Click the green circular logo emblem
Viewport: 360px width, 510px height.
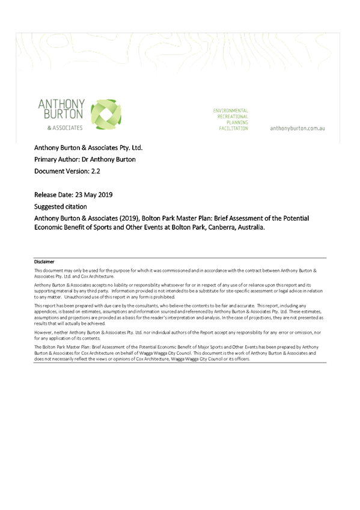click(106, 114)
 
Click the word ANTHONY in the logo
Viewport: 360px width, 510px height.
click(61, 104)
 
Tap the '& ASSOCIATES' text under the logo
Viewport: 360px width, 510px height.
click(65, 128)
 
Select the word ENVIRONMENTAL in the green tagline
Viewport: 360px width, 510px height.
click(230, 111)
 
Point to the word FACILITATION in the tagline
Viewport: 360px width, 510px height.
click(233, 129)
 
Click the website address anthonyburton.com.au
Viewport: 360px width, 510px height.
click(297, 128)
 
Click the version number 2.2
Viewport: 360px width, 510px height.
click(96, 171)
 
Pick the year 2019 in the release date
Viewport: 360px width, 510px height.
click(105, 195)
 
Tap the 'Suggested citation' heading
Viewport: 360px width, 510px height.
click(61, 206)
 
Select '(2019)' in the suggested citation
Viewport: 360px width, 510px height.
click(129, 218)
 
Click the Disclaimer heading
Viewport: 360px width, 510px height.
click(44, 262)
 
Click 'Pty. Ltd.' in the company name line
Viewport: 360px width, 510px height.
click(131, 148)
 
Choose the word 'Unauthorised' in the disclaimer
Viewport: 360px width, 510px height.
click(76, 297)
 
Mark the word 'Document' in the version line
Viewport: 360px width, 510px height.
click(47, 171)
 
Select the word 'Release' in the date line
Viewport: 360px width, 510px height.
click(45, 195)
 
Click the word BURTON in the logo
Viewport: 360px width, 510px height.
click(63, 114)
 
